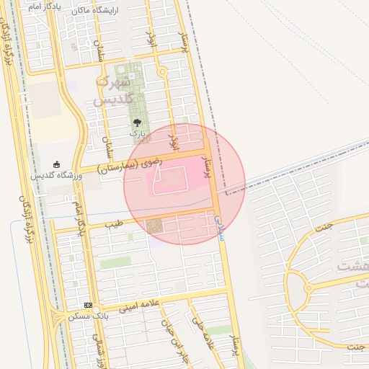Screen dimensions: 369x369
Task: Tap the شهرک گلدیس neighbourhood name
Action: click(115, 91)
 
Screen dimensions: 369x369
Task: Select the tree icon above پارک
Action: click(137, 123)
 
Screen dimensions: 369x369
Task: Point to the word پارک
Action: click(137, 134)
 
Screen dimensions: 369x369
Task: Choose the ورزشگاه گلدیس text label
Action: click(55, 176)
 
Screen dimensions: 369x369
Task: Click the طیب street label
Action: click(114, 224)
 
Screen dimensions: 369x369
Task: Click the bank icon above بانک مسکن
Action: click(88, 306)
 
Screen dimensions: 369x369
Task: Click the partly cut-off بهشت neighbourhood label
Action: click(353, 266)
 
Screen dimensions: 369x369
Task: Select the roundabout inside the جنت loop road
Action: click(308, 288)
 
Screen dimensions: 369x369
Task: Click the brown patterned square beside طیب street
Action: click(154, 227)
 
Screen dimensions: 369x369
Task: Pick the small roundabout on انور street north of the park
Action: click(163, 71)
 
